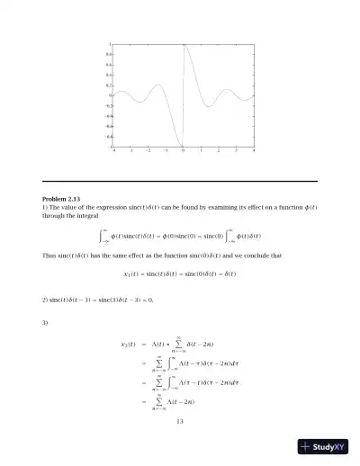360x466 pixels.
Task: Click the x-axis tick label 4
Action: click(x=254, y=152)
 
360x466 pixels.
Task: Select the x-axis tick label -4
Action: click(x=113, y=152)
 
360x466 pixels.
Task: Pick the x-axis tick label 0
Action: click(x=184, y=152)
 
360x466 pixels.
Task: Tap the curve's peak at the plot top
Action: click(x=184, y=45)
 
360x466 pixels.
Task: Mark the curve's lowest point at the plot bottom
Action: click(x=182, y=146)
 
